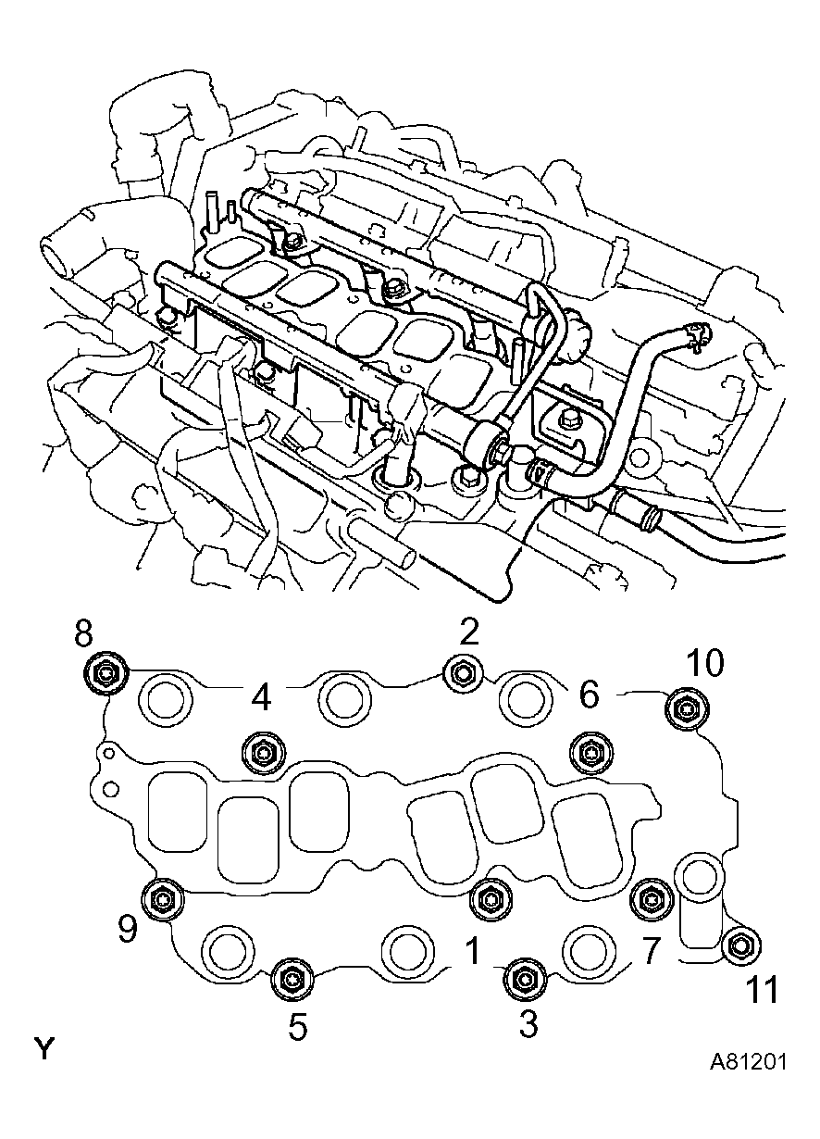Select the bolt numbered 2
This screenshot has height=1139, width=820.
(x=462, y=673)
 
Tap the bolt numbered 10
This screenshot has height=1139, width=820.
(x=685, y=709)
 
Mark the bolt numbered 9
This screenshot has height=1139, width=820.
(x=162, y=898)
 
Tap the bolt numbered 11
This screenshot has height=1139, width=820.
(x=740, y=945)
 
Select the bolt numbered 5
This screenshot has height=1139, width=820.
(x=292, y=979)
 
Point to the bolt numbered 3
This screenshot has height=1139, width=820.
(x=523, y=979)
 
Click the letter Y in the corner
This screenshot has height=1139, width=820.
(x=44, y=1049)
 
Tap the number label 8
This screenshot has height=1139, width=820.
(x=83, y=633)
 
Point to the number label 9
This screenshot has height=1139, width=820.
(x=128, y=929)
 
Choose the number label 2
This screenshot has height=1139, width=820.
(x=469, y=632)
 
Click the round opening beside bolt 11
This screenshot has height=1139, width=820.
(x=698, y=876)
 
